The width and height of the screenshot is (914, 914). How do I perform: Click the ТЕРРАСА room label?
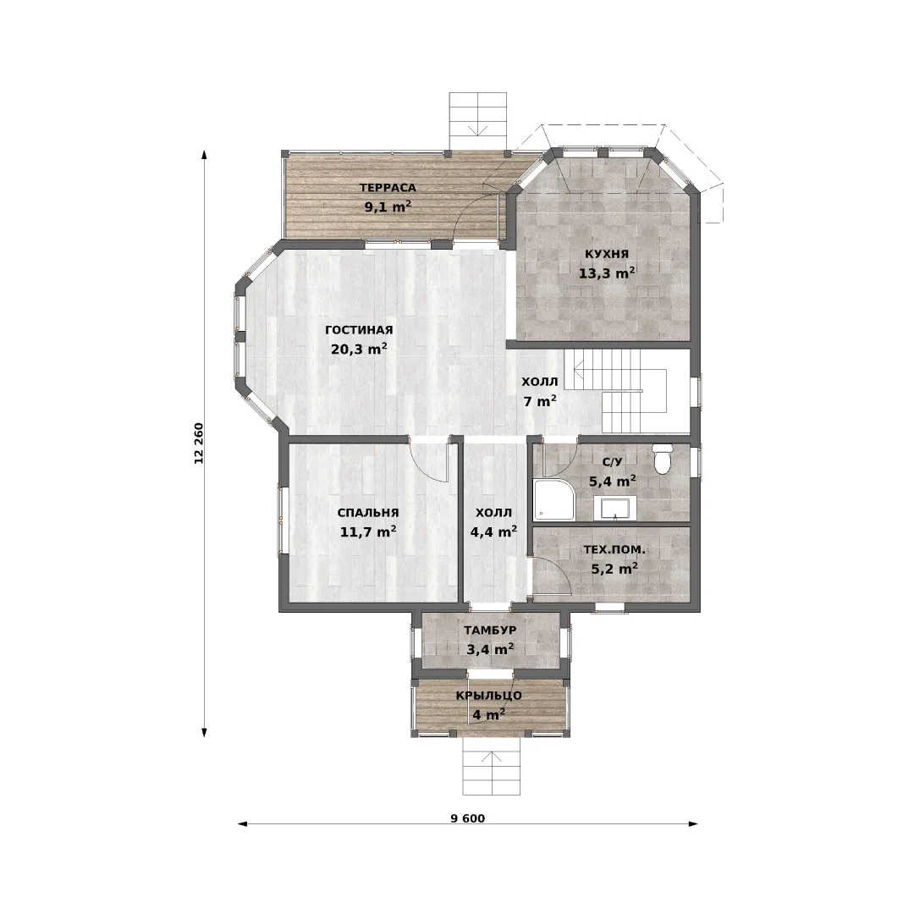point(388,188)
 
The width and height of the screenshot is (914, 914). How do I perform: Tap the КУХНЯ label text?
point(607,254)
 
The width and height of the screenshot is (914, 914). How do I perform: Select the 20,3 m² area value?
point(359,350)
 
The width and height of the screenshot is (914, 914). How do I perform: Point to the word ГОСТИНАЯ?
point(359,330)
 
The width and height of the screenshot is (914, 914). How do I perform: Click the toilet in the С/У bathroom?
point(662,459)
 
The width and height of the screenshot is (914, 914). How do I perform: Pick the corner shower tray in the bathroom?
point(553,499)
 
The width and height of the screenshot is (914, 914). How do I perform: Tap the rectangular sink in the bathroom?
point(614,508)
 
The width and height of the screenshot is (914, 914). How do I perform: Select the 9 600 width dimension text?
point(467,818)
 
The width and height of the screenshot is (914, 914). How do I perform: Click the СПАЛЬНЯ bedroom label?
point(368,513)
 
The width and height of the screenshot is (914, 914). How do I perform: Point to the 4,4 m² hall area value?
point(493,531)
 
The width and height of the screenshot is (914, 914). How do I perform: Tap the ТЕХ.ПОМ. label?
point(614,550)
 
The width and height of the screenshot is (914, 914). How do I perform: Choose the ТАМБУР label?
point(490,630)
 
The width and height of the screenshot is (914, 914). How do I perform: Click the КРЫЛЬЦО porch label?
point(489,696)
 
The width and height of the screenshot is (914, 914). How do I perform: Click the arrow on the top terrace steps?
point(478,124)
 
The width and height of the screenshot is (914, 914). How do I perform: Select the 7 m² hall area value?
point(540,401)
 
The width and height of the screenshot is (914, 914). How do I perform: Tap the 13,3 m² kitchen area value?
point(607,273)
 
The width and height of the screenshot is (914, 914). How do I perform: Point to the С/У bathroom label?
point(612,462)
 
